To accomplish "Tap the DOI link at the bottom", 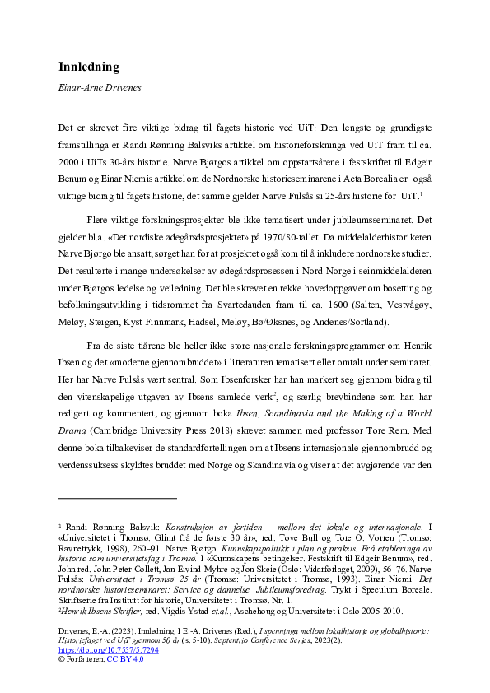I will pos(108,649).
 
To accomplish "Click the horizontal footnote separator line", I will pos(118,498).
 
